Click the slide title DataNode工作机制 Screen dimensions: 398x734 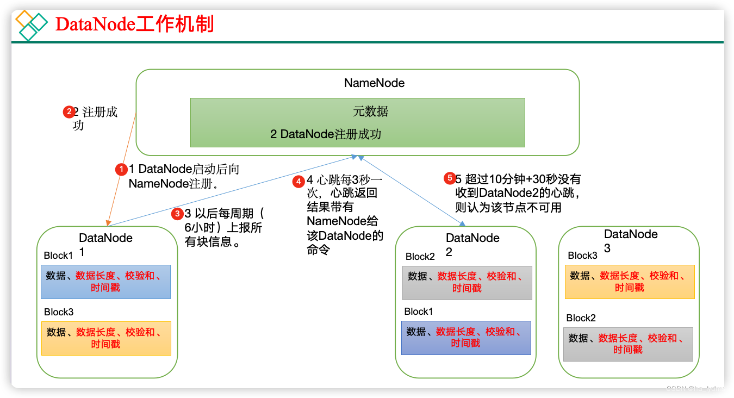click(135, 24)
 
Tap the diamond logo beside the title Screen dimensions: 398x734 click(32, 25)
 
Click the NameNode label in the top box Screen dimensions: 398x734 click(374, 83)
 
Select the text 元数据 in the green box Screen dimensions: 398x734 click(371, 112)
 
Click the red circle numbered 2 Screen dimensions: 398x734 click(69, 113)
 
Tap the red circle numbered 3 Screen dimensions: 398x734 click(177, 214)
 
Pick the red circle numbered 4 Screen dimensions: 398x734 click(298, 181)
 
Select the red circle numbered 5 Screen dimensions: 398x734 click(449, 178)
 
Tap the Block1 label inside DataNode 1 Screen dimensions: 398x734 click(58, 256)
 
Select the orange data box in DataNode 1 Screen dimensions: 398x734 click(106, 338)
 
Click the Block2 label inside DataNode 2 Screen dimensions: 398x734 click(420, 257)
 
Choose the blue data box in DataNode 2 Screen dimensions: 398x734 click(466, 338)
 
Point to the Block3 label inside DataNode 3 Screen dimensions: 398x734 click(582, 256)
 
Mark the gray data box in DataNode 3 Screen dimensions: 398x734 click(628, 344)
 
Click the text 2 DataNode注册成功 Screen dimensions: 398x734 click(326, 134)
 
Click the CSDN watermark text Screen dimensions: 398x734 click(695, 388)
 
